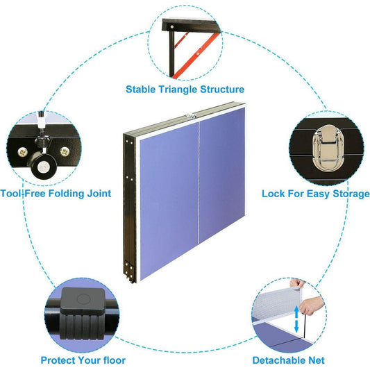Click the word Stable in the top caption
pos(140,90)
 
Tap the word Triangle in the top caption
pos(178,90)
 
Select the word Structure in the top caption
pos(222,90)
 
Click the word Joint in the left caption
pos(99,194)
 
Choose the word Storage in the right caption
pos(351,194)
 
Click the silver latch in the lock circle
pos(328,148)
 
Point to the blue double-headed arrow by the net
pos(296,319)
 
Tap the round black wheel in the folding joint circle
pos(43,166)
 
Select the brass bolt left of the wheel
pos(23,152)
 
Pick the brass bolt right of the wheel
pos(65,152)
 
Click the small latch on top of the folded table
pos(191,116)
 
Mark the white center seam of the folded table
pos(199,183)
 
